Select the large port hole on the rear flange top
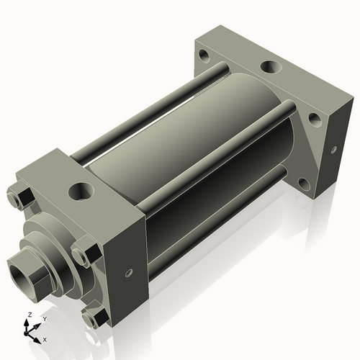pos(271,68)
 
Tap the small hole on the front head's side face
pos(128,274)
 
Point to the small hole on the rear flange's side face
pos(333,150)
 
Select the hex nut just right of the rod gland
pos(81,256)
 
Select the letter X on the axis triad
pos(45,338)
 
